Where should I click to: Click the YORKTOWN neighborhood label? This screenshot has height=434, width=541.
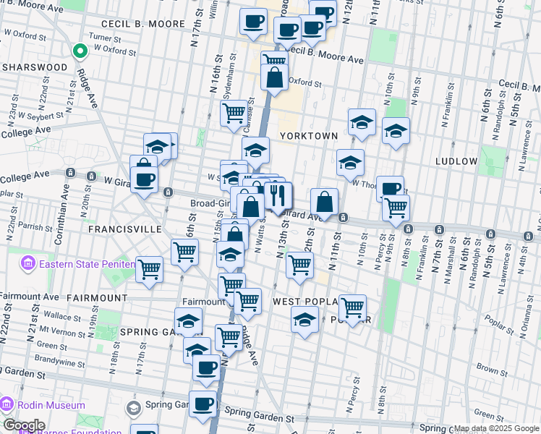(309, 135)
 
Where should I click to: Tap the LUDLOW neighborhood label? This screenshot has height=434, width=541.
(457, 161)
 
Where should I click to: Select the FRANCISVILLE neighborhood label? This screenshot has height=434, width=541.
(124, 229)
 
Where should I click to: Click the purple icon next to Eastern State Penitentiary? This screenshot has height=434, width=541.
(29, 263)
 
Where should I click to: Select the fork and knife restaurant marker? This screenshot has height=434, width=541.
(278, 195)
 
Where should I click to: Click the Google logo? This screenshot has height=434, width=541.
(23, 425)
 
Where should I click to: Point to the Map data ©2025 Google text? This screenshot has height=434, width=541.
(496, 428)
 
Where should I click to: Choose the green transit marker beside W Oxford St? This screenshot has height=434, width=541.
(79, 51)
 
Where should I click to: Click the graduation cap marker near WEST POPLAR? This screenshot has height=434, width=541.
(305, 318)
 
